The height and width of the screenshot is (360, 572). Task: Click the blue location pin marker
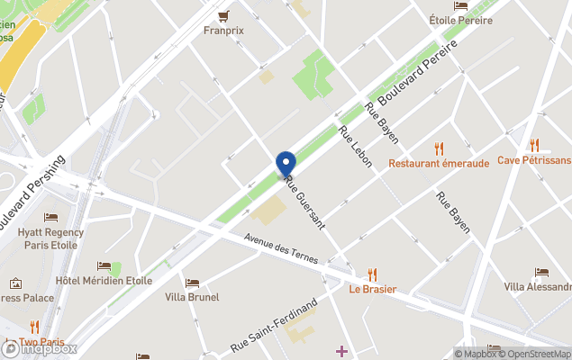286,164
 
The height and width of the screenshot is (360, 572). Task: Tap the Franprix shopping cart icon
223,14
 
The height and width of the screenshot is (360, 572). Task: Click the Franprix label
224,30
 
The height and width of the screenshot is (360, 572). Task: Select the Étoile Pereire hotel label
460,20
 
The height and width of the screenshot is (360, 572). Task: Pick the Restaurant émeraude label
439,163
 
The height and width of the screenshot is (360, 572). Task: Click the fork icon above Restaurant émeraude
440,148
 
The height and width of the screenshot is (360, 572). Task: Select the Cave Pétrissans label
534,160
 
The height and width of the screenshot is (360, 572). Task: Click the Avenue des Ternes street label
282,248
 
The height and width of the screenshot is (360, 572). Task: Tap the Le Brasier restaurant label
372,289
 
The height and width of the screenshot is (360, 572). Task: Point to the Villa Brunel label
192,297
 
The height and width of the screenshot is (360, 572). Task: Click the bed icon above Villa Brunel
192,283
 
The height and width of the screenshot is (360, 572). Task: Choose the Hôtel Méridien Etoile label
104,281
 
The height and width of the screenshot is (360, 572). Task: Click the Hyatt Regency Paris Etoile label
50,238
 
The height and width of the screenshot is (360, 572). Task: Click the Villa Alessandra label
539,287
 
